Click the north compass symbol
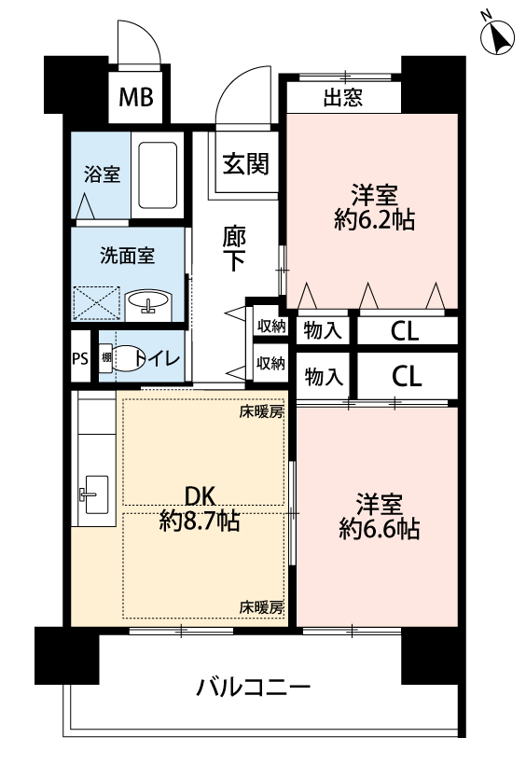(498, 35)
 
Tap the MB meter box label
(135, 97)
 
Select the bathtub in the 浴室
(158, 175)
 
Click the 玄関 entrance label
(246, 163)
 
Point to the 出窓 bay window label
(342, 97)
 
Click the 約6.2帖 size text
(375, 219)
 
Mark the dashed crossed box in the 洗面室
(97, 303)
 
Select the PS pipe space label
(80, 358)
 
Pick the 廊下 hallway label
(234, 248)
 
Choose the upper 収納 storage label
(270, 326)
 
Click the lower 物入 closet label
(324, 377)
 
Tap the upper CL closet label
(406, 331)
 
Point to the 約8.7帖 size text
(200, 521)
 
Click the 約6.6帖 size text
(379, 529)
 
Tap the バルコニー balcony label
(254, 688)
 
